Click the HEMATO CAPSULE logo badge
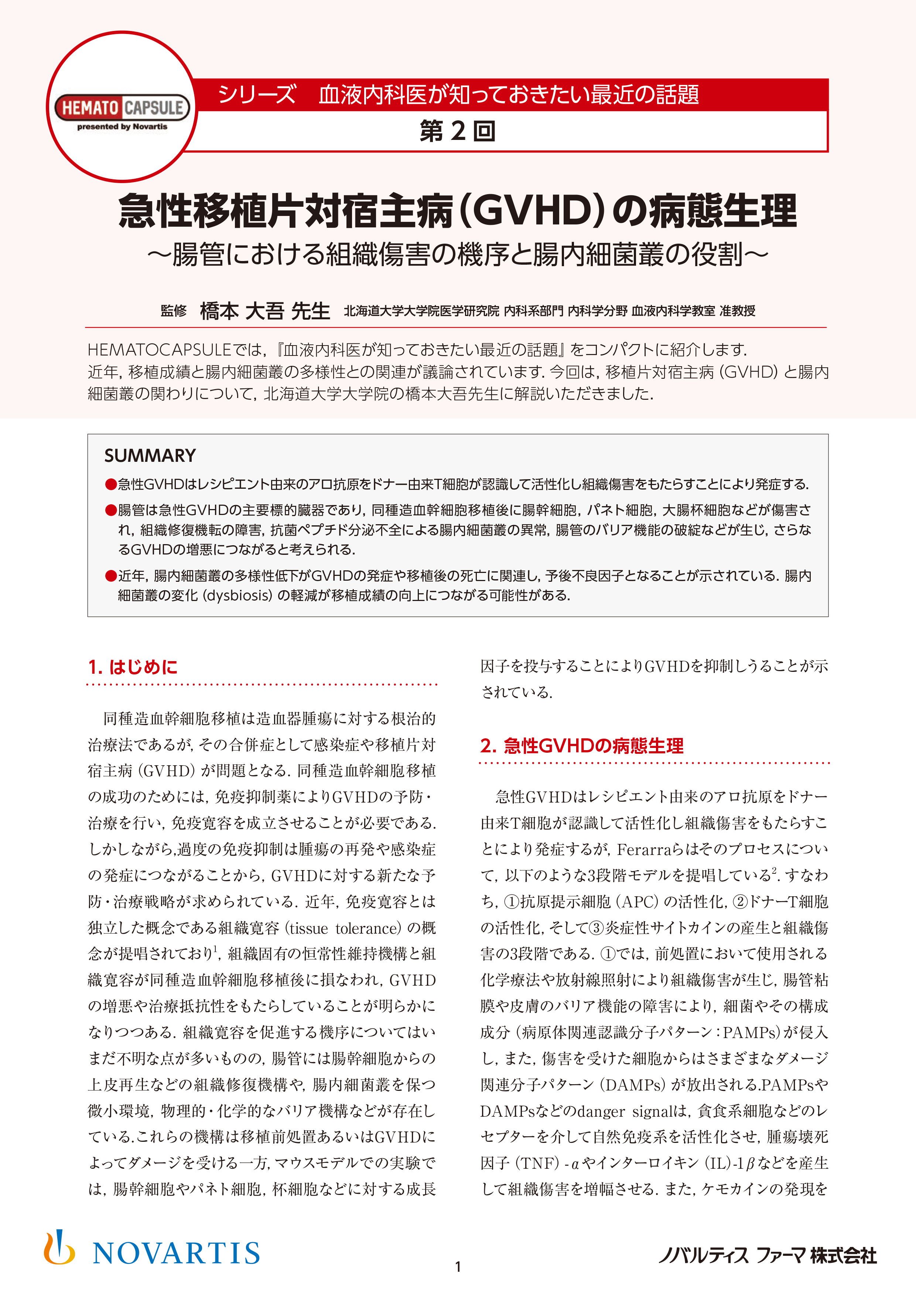click(122, 107)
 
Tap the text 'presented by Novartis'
click(122, 127)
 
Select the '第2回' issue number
click(457, 131)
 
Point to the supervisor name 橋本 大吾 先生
click(265, 311)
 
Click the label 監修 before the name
click(173, 311)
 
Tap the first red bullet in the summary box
click(110, 484)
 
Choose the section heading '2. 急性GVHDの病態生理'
click(581, 746)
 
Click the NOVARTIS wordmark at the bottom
click(176, 1253)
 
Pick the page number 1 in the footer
click(458, 1267)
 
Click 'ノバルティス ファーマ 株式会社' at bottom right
click(768, 1256)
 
